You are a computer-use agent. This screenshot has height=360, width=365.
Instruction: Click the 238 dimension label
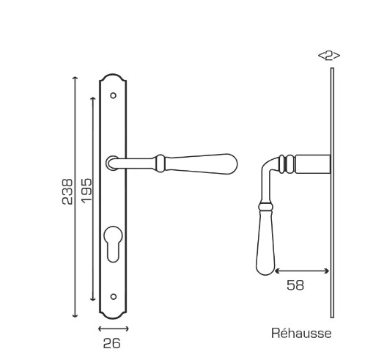tap(67, 191)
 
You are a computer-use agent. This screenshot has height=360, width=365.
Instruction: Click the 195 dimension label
tap(86, 191)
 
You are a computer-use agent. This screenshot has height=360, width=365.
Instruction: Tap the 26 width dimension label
tap(112, 343)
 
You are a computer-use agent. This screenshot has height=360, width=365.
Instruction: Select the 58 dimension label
tap(295, 285)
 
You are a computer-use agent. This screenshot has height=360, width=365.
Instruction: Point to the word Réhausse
tap(301, 333)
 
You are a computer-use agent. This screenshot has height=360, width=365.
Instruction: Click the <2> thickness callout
tap(329, 56)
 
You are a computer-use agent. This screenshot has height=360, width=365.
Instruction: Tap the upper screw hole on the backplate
tap(113, 95)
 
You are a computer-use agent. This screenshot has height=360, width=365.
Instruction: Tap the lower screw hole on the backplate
tap(114, 296)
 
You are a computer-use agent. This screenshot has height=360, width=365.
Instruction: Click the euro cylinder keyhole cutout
tap(114, 243)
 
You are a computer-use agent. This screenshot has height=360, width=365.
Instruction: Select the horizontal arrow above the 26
tap(113, 329)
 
